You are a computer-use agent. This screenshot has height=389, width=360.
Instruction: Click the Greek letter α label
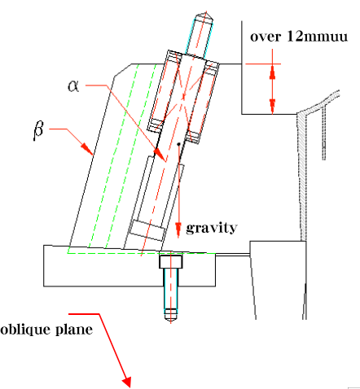[73, 86]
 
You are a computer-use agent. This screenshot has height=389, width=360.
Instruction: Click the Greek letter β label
[38, 130]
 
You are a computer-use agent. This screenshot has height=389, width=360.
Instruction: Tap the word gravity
[212, 228]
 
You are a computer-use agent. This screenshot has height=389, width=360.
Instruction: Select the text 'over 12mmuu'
[299, 36]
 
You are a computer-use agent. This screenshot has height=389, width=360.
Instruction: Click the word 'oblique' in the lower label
[25, 330]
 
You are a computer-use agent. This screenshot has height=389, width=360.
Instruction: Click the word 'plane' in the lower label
[74, 330]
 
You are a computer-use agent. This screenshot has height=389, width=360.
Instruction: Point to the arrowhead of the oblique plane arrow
[127, 382]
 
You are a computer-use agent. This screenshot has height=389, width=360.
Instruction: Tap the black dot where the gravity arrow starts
[178, 144]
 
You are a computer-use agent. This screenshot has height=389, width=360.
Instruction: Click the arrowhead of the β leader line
[87, 149]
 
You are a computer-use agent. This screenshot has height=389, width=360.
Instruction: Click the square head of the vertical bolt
[171, 261]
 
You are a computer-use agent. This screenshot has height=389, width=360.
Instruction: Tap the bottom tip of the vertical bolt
[171, 322]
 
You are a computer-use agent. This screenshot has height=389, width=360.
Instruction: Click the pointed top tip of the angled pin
[206, 12]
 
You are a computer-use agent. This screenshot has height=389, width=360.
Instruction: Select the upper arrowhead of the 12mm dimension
[272, 72]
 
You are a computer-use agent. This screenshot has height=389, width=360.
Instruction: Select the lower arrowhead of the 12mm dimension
[272, 107]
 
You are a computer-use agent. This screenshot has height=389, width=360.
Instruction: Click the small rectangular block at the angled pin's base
[147, 230]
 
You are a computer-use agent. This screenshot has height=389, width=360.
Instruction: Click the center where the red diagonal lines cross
[183, 96]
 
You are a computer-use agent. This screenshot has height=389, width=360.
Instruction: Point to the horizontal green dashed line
[141, 253]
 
